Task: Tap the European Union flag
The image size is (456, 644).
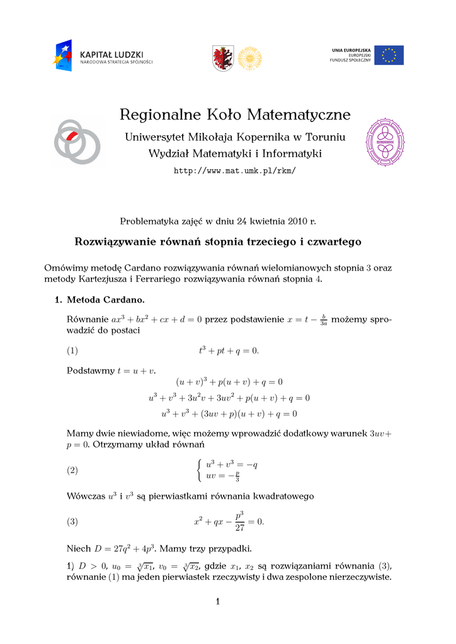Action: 389,55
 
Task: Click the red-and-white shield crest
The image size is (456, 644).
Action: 223,58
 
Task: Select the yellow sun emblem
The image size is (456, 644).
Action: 249,58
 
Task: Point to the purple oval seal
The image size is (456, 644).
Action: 385,142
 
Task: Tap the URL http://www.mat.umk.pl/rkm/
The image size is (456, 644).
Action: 234,171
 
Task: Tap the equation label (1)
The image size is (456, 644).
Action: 72,350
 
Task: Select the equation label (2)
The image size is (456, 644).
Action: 72,470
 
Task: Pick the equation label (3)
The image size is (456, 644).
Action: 72,521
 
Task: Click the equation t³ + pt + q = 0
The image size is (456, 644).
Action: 229,350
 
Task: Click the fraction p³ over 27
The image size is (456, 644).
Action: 239,521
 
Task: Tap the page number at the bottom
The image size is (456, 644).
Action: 217,602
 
